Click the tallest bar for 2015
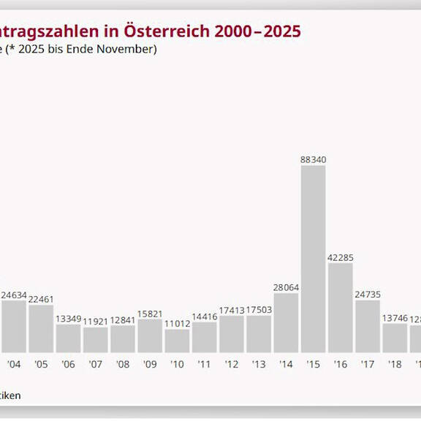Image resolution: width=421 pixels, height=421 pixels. pos(313,259)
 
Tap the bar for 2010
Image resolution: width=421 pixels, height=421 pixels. pos(177,341)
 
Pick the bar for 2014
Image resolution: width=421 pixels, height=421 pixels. pos(286,322)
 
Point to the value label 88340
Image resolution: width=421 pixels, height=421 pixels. pos(313,159)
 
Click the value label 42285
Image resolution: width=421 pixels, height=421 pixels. pos(341,257)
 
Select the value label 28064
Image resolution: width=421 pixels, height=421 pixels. pos(286,287)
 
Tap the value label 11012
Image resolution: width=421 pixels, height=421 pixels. pos(177,322)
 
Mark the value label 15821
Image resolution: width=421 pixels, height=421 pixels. pos(150,313)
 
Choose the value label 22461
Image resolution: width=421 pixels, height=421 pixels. pos(41,299)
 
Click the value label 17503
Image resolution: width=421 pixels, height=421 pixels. pos(259,309)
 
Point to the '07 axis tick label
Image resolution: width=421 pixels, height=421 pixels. pos(95,364)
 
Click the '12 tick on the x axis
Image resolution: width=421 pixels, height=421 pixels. pos(231,364)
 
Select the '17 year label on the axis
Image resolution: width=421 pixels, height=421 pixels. pos(368,364)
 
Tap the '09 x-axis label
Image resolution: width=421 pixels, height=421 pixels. pos(150,364)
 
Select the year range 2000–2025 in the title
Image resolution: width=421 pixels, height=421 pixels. pos(257,31)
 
